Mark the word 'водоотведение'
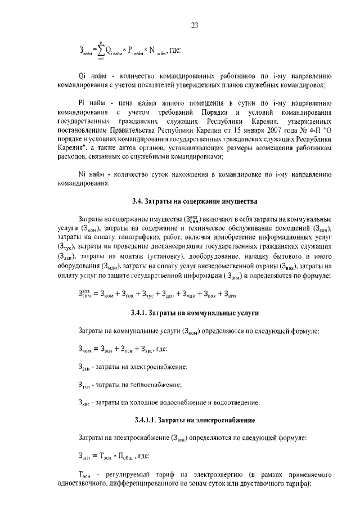(x=236, y=403)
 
